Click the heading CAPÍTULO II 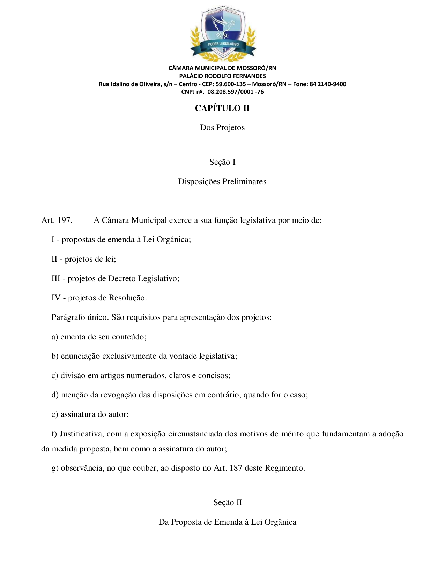222,108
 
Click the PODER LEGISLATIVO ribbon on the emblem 223,44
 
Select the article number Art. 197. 57,220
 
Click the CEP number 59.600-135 231,84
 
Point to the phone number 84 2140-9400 328,84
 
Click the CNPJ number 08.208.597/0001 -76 236,92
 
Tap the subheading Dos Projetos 222,127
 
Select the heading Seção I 222,162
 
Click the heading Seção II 228,502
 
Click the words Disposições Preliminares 222,181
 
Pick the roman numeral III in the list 56,278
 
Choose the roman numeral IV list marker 56,298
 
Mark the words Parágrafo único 80,317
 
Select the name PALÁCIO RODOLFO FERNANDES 222,76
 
